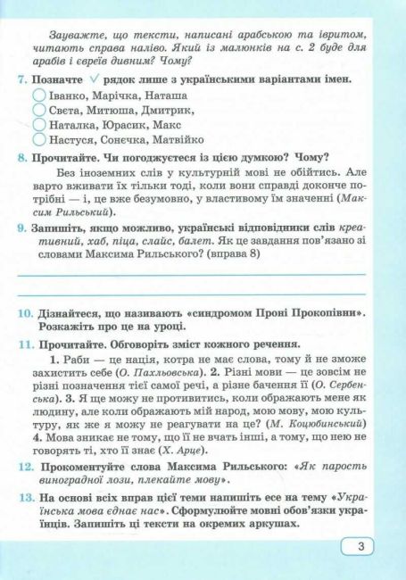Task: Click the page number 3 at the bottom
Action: [359, 547]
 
